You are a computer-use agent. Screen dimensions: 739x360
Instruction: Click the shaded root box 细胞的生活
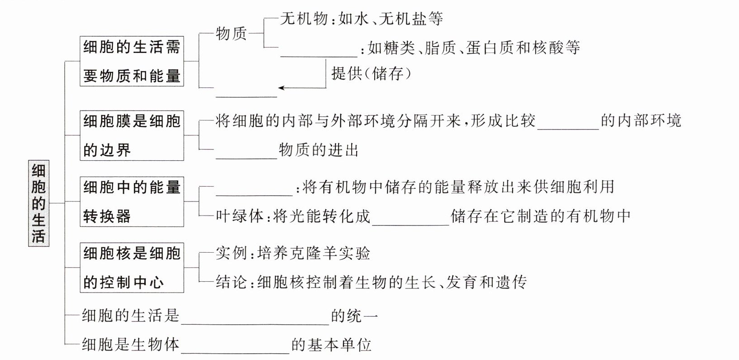[38, 203]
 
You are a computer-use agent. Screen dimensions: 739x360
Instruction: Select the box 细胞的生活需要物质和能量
[132, 62]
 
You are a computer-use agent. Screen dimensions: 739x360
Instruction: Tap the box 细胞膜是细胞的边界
[132, 135]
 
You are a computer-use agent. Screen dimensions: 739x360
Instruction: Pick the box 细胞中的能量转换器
[132, 202]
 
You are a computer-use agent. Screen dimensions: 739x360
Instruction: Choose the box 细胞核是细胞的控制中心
[132, 268]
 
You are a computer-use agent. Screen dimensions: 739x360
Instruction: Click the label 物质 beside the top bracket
[231, 34]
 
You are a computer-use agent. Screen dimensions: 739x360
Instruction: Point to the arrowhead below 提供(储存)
[281, 88]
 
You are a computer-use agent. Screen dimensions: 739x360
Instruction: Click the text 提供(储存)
[372, 73]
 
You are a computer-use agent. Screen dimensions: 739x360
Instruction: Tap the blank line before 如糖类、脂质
[319, 57]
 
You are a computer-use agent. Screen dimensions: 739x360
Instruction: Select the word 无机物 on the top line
[304, 19]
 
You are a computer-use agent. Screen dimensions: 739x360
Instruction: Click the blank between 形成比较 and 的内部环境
[568, 129]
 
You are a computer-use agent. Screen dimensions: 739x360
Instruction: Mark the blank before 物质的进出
[247, 158]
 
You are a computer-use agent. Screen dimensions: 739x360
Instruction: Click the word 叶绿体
[239, 216]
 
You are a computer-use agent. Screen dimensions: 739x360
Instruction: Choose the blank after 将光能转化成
[411, 225]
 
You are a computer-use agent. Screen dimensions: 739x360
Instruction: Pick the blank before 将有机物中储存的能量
[254, 195]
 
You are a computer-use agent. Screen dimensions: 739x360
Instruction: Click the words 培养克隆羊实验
[314, 253]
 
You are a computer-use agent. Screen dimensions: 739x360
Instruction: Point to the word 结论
[231, 282]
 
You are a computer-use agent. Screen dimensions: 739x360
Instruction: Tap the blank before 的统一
[255, 324]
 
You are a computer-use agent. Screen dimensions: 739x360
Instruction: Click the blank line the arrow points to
[247, 97]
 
